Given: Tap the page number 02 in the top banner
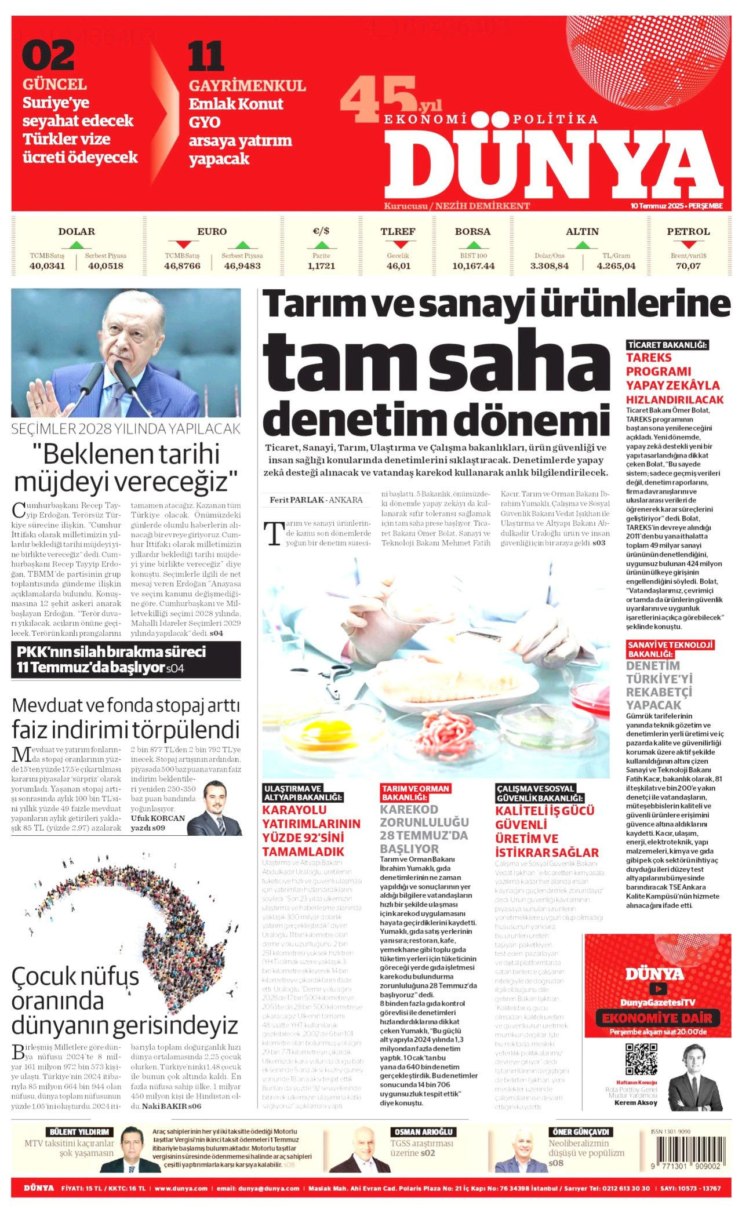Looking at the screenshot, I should point(49,56).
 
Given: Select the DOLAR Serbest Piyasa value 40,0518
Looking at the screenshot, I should point(106,266).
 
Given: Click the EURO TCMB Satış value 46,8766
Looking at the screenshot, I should point(182,266).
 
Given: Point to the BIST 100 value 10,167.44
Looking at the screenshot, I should point(473,266).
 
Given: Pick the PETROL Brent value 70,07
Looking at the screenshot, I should point(688,266).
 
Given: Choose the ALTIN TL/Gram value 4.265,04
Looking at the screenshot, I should point(616,266).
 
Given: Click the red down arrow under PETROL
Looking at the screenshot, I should point(688,244).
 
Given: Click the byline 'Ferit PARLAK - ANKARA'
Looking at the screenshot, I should point(316,500).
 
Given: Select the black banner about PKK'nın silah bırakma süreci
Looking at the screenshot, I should point(126,660).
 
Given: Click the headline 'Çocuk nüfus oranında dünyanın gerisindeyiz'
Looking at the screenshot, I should point(125,1000).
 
